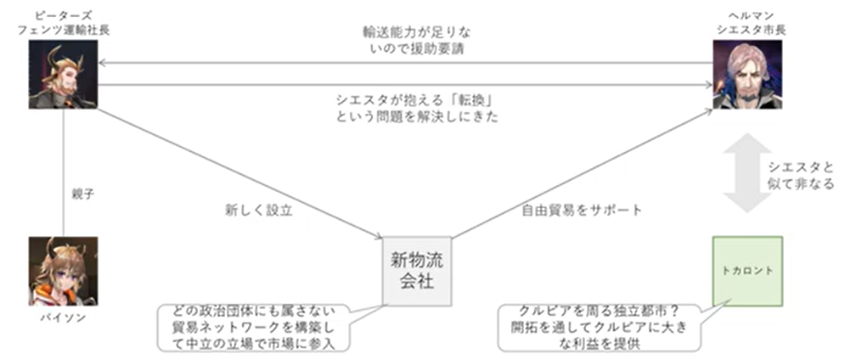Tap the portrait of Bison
pos(63,271)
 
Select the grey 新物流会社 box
pos(417,271)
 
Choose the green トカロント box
pos(747,271)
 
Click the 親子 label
pos(82,194)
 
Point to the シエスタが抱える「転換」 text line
pos(415,101)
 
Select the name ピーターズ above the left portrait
pos(64,16)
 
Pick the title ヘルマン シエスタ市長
pos(747,23)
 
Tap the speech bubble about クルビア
pos(595,328)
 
